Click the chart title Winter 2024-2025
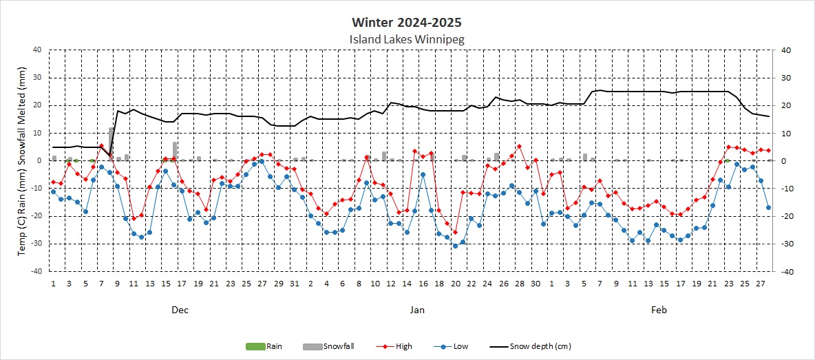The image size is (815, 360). tap(406, 23)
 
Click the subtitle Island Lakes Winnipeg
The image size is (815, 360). tap(407, 39)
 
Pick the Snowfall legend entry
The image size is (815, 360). tap(324, 346)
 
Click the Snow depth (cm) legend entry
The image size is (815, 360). tap(530, 346)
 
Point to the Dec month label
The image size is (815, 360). tap(180, 310)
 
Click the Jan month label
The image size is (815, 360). tap(417, 310)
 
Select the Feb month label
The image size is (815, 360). tap(659, 310)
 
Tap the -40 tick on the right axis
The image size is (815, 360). tap(783, 272)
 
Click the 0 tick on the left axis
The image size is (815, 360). tap(41, 160)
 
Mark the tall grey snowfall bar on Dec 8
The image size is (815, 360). tap(111, 144)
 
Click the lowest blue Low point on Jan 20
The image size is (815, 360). tap(455, 246)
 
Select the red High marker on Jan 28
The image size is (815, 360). tap(520, 147)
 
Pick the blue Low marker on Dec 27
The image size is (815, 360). tap(262, 161)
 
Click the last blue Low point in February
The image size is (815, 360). tap(768, 207)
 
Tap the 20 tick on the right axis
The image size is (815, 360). tap(782, 105)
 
